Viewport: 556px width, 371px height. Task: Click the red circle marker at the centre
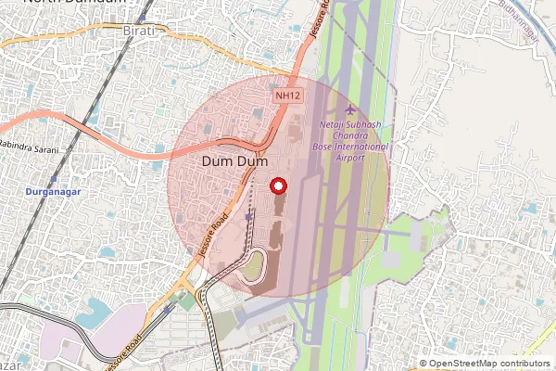tap(277, 186)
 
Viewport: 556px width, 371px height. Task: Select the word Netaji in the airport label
tap(333, 125)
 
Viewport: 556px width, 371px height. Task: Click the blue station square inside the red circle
tap(248, 216)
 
